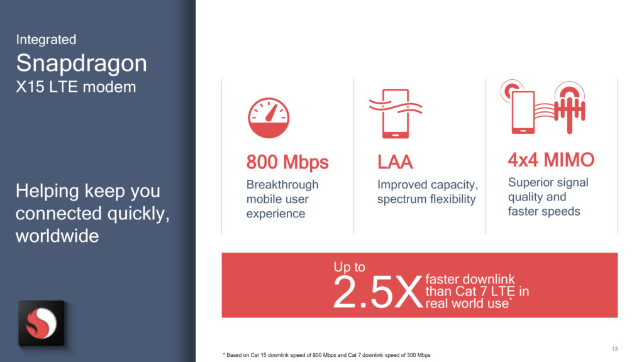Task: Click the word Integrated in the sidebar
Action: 46,40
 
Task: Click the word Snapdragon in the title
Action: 81,63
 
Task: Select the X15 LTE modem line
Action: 76,87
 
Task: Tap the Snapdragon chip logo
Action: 42,323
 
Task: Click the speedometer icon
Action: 269,118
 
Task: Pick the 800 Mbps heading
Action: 287,162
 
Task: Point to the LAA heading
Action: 395,162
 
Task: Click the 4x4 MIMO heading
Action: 551,160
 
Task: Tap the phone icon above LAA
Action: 396,114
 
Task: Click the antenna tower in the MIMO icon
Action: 570,107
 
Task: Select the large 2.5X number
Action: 377,292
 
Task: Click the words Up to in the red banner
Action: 349,267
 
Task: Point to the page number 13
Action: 614,349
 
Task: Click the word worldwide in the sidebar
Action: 57,236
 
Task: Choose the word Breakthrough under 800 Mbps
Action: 282,185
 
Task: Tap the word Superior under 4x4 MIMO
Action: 531,183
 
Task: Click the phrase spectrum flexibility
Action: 426,199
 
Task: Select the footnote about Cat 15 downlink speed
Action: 327,355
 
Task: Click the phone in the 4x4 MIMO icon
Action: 523,112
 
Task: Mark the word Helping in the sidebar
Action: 47,191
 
